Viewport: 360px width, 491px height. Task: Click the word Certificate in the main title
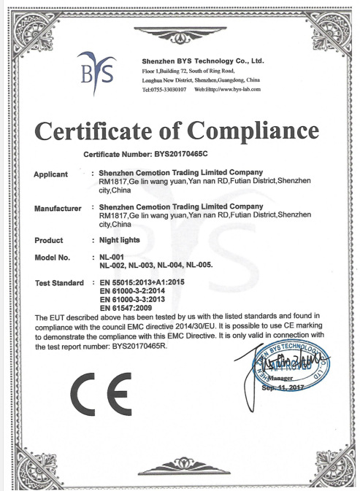(x=91, y=133)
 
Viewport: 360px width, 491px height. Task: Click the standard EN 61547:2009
(x=129, y=310)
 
